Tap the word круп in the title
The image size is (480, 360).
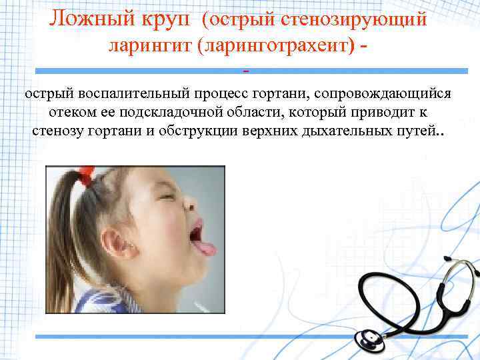[x=168, y=19]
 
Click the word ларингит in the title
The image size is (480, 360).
[x=146, y=46]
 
